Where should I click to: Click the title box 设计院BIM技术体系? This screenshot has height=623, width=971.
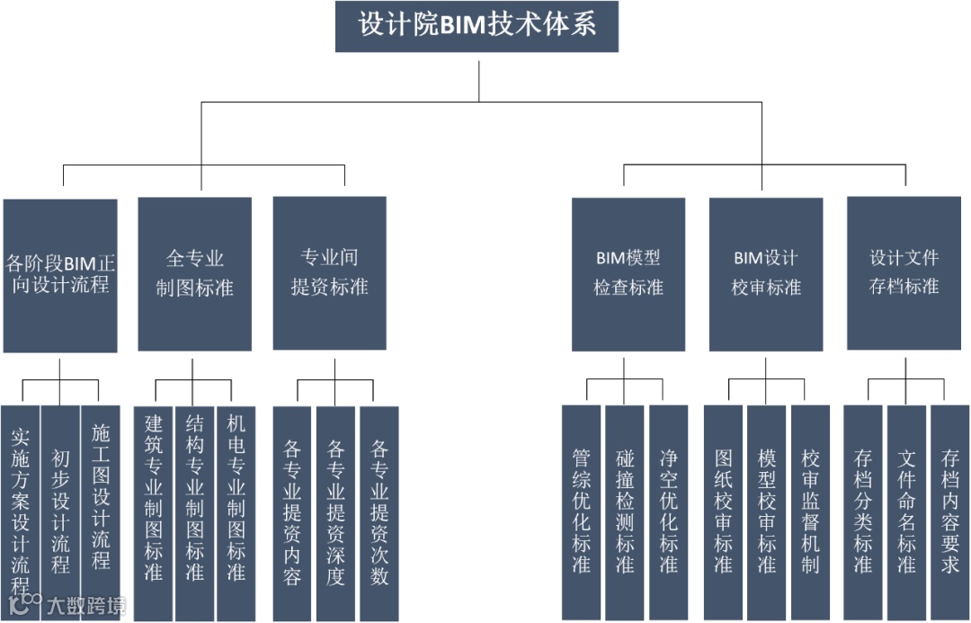pyautogui.click(x=477, y=26)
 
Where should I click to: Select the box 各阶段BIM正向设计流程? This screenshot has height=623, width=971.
pyautogui.click(x=60, y=275)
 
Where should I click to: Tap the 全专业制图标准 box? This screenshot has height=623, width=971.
pyautogui.click(x=194, y=273)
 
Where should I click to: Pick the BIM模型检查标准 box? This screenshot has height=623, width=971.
pyautogui.click(x=628, y=273)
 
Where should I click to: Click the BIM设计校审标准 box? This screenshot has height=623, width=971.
pyautogui.click(x=765, y=273)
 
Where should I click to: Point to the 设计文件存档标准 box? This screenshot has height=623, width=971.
pyautogui.click(x=904, y=273)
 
